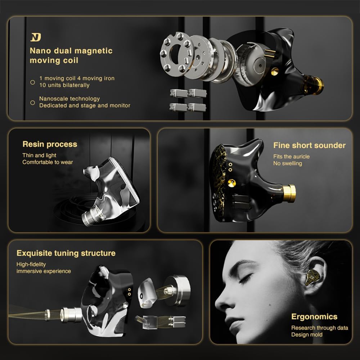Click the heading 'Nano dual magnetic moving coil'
point(71,55)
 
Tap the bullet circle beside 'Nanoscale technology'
point(32,103)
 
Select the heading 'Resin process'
point(50,144)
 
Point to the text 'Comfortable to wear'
point(48,162)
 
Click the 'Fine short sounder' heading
point(309,145)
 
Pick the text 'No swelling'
point(287,163)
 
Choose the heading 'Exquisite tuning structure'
point(66,253)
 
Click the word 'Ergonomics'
point(314,317)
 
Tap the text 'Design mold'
point(307,334)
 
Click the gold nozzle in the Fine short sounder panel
point(289,193)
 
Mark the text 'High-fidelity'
point(31,264)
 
